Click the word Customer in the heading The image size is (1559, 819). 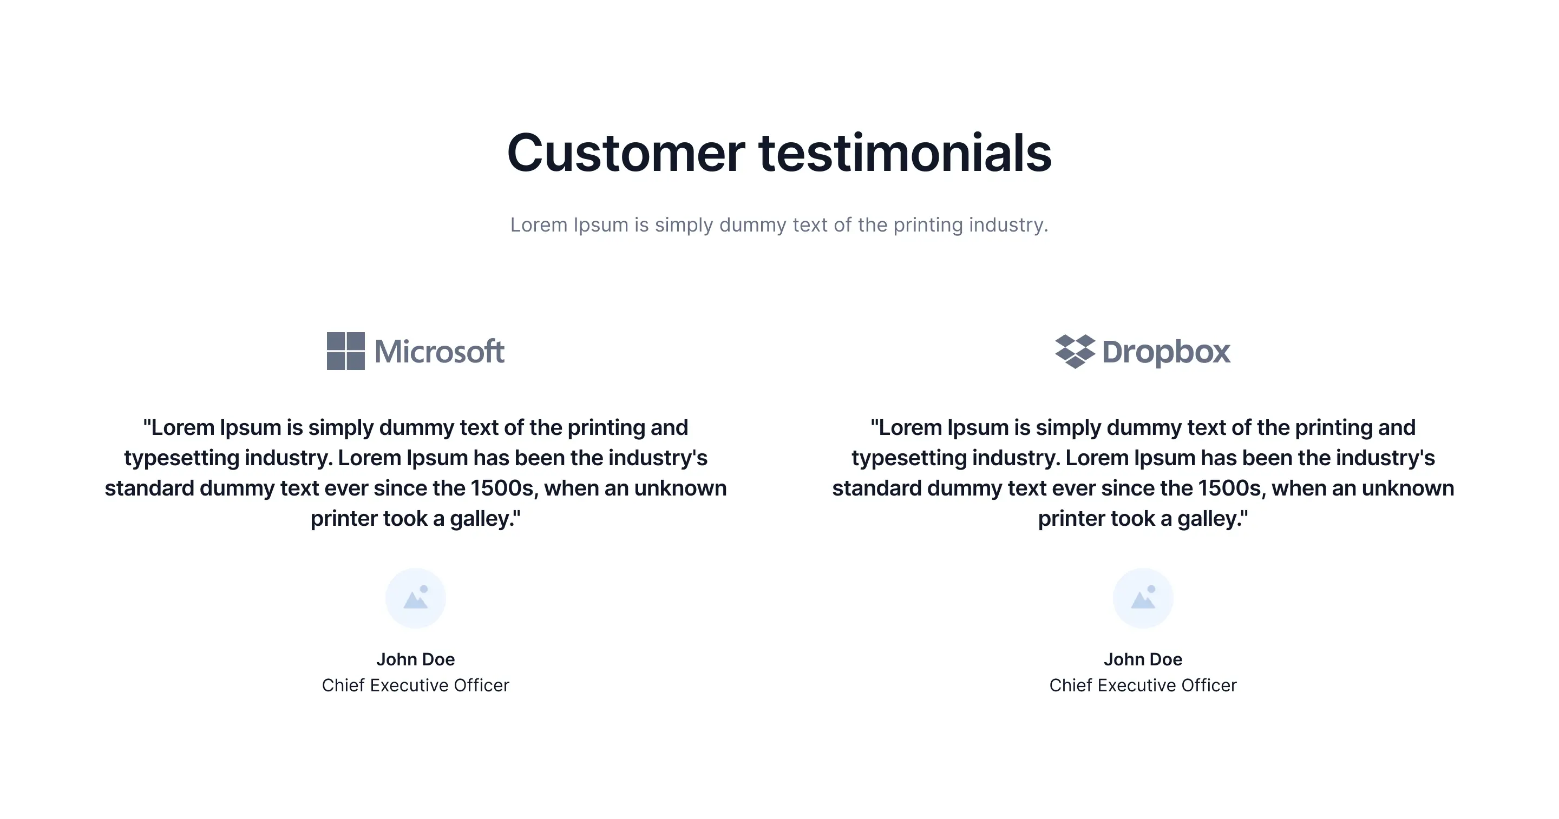tap(626, 153)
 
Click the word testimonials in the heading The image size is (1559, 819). tap(906, 153)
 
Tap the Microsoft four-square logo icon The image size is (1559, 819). tap(345, 351)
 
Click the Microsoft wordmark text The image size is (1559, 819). tap(440, 352)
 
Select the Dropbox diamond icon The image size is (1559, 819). tap(1075, 352)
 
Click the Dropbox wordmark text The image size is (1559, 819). tap(1166, 352)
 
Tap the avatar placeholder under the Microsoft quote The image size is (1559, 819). tap(416, 598)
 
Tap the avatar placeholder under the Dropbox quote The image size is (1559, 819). tap(1143, 598)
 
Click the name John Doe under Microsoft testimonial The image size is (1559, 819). tap(416, 659)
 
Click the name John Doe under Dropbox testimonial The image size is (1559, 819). tap(1143, 659)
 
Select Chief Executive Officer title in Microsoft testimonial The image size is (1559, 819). tap(416, 685)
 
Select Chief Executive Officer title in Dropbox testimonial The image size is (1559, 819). tap(1143, 685)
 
